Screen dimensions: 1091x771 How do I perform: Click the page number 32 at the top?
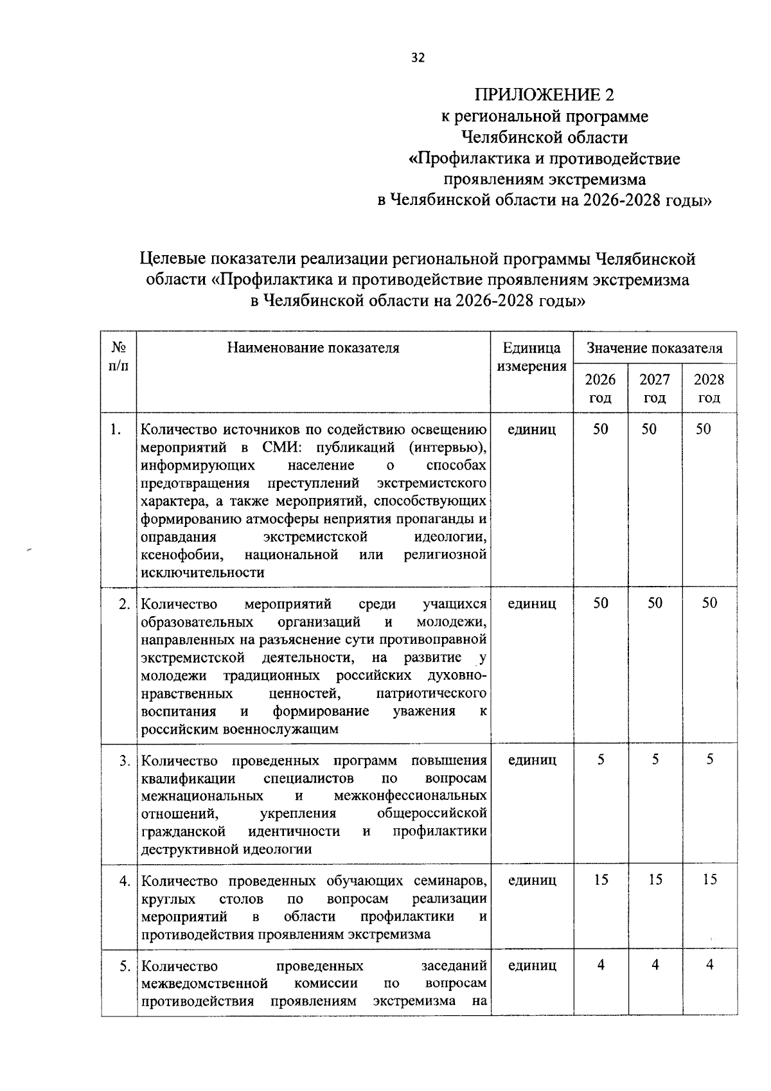pos(418,58)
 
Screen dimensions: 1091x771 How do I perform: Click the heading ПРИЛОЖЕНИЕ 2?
pos(544,95)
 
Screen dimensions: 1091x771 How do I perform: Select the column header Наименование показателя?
pos(313,348)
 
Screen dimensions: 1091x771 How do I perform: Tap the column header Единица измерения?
pos(531,357)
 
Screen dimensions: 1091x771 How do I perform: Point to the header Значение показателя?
pos(654,348)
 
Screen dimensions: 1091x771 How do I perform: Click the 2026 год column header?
pos(600,388)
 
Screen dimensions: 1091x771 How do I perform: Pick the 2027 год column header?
pos(654,388)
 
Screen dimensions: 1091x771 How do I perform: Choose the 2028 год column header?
pos(709,388)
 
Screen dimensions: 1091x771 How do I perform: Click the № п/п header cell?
pos(118,357)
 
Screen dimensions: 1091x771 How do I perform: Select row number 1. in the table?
pos(116,429)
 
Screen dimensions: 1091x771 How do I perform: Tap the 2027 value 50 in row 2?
pos(655,603)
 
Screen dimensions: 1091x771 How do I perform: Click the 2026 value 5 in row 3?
pos(601,759)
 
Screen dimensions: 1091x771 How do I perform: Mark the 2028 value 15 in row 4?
pos(709,880)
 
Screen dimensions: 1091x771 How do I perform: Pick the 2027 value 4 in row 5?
pos(655,965)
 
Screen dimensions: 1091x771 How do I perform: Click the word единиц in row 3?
pos(531,760)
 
